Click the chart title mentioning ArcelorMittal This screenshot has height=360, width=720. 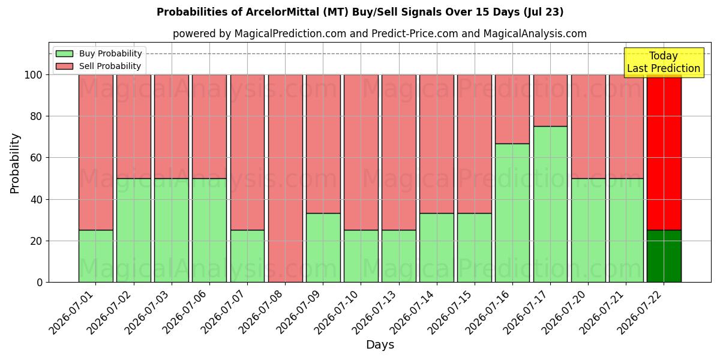[360, 12]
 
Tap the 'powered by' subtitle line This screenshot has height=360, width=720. [380, 34]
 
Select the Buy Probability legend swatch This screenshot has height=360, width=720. [64, 53]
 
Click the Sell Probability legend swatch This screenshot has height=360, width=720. [64, 66]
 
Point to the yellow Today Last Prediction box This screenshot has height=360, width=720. [664, 62]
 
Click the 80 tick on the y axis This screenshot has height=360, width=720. [35, 116]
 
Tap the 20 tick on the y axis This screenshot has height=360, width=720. [35, 241]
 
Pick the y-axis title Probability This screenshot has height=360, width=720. [15, 163]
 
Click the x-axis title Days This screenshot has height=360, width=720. [380, 344]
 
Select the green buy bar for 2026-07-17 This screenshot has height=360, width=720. [550, 204]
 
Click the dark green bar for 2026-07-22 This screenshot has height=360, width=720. [664, 256]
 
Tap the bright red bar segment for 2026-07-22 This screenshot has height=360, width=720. [664, 152]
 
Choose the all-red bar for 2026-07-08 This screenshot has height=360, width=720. [286, 178]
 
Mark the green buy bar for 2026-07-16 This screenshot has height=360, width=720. [512, 213]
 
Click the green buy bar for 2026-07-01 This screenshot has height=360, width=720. [96, 256]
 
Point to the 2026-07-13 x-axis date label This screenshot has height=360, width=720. [377, 312]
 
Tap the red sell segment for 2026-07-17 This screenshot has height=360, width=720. [550, 100]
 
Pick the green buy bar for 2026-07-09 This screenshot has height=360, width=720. [323, 248]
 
